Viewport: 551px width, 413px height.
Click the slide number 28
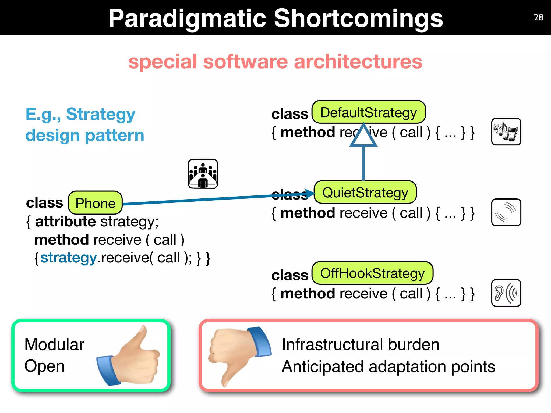tap(538, 17)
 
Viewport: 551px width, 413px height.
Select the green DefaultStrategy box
tap(368, 112)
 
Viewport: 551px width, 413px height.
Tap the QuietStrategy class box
tap(365, 193)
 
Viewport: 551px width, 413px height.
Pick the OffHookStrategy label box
tap(372, 273)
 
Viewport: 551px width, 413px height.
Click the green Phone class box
tap(95, 203)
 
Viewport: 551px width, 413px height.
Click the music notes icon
tap(506, 132)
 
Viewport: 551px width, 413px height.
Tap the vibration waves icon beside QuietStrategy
tap(506, 212)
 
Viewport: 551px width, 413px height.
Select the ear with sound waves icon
tap(506, 293)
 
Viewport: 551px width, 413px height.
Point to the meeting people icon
tap(203, 174)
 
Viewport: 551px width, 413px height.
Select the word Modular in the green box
tap(54, 344)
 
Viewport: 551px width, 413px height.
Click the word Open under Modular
tap(44, 366)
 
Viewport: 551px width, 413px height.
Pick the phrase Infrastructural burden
tap(361, 345)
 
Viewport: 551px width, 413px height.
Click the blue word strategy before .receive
tap(68, 258)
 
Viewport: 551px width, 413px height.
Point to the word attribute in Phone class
tap(65, 222)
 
